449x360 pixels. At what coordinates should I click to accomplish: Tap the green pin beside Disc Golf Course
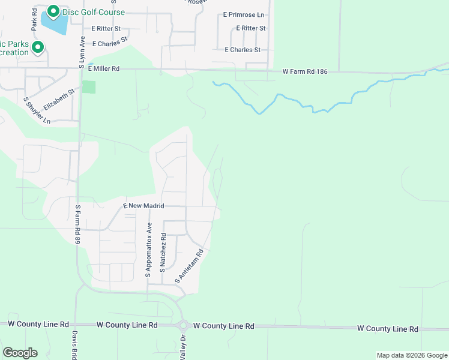tap(53, 11)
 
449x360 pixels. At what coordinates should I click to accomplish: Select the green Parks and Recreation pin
tap(38, 46)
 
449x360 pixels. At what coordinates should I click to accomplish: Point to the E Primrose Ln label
tap(244, 14)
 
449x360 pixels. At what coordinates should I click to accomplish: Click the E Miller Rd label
tap(104, 69)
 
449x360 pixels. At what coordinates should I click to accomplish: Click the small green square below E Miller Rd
tap(89, 86)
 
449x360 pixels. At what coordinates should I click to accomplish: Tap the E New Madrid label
tap(144, 206)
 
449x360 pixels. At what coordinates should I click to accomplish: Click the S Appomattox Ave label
tap(149, 249)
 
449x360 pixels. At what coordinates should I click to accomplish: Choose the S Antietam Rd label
tap(190, 266)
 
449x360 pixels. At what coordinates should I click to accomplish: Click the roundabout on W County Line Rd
tap(183, 326)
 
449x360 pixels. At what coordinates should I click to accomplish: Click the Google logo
tap(20, 353)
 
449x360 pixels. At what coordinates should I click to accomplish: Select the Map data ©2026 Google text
tap(412, 355)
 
